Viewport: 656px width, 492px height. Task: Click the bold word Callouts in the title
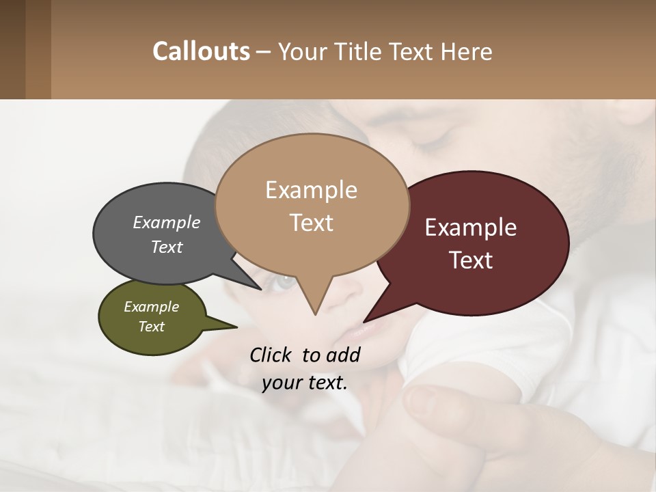(x=201, y=51)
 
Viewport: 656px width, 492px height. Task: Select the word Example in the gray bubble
(x=167, y=222)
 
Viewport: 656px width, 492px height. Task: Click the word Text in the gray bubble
(x=167, y=247)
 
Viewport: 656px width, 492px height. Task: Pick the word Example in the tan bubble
(x=311, y=190)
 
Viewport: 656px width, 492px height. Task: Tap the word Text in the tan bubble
(x=311, y=223)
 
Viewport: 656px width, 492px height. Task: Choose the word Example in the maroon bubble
(x=471, y=228)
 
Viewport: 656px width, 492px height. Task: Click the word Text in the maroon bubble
(x=471, y=260)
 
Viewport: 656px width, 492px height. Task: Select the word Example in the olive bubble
(x=151, y=307)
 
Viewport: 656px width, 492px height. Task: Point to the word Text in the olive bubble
(x=151, y=327)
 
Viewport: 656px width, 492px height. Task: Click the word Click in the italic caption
(x=271, y=355)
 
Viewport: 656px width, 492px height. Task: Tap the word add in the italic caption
(x=343, y=355)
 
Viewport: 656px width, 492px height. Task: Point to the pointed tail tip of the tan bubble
(x=315, y=315)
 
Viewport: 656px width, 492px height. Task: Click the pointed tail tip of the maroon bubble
(x=364, y=321)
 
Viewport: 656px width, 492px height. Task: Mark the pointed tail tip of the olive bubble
(x=237, y=327)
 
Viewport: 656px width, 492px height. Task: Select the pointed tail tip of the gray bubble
(x=261, y=289)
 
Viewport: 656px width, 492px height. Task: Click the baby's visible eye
(x=283, y=280)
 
